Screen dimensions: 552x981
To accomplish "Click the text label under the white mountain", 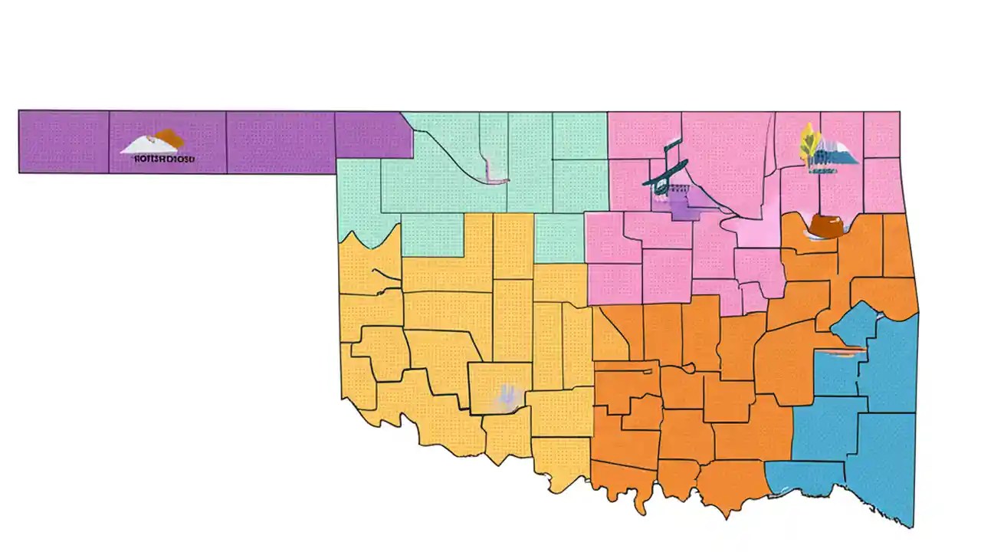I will coord(163,159).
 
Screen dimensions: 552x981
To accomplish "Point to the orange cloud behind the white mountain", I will coord(169,138).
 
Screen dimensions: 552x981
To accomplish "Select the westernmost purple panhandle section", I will coord(64,142).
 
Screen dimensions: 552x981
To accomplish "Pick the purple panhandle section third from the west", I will coord(280,142).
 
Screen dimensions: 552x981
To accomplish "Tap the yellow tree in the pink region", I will coord(808,142).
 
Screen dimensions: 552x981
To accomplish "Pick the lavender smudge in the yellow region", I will coord(507,396).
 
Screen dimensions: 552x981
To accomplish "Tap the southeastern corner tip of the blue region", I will coord(911,526).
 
